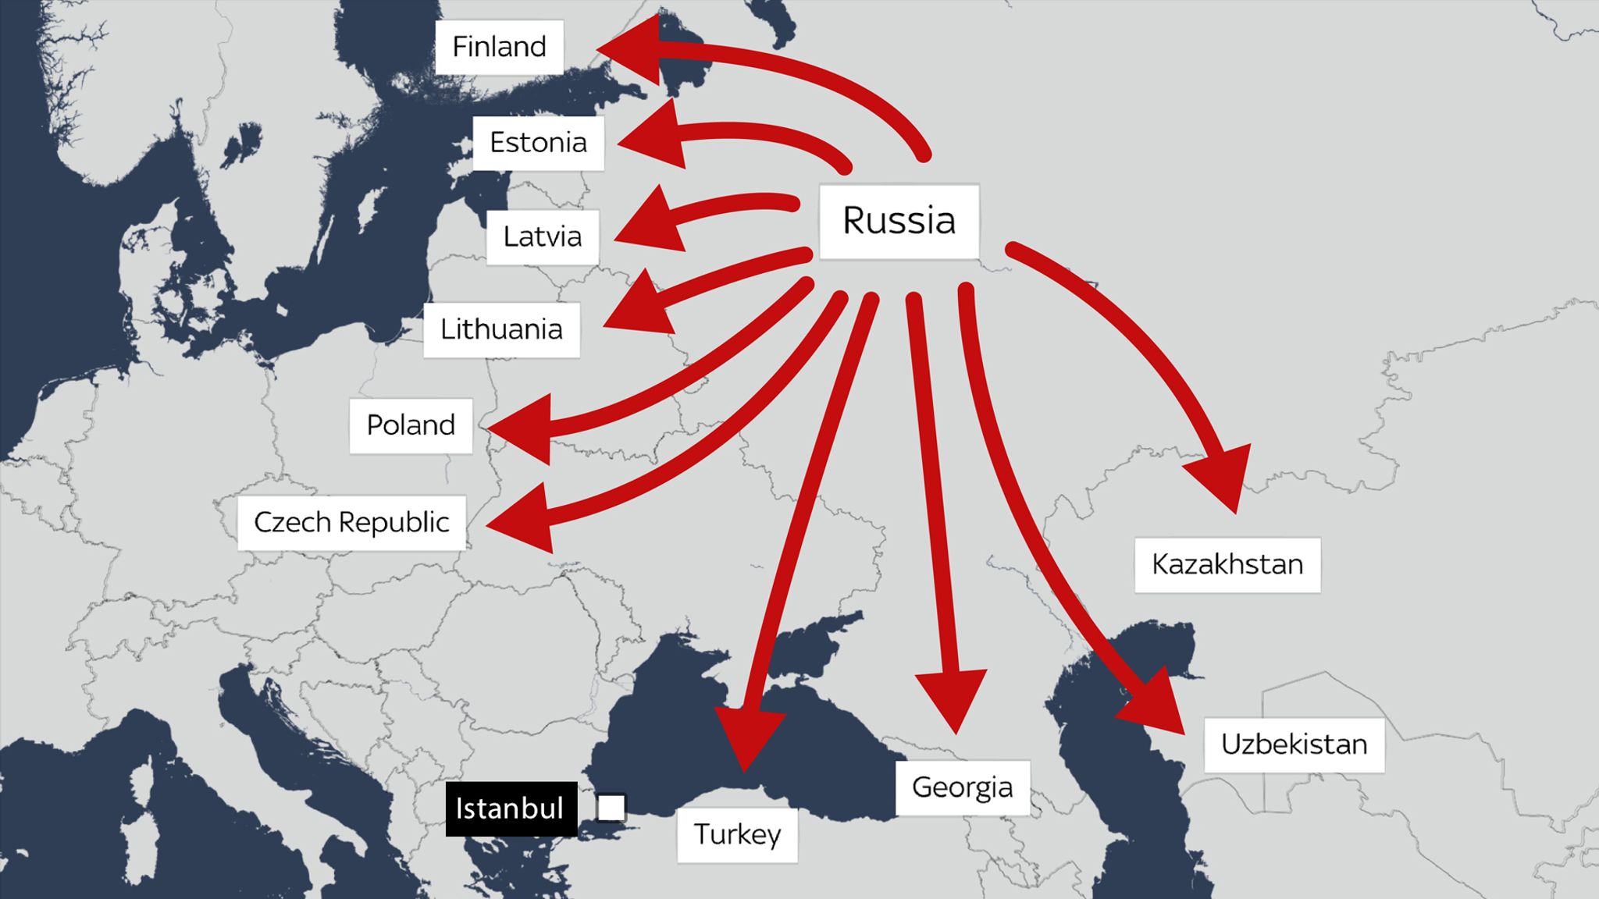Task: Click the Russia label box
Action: [899, 221]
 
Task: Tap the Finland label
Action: [499, 47]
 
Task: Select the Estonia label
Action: [538, 143]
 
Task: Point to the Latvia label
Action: [543, 236]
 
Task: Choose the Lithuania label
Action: [501, 329]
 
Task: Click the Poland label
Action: [411, 425]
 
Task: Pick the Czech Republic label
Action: [351, 522]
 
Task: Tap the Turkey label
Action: [737, 834]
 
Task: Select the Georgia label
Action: [962, 787]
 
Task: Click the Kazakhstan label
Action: [1227, 564]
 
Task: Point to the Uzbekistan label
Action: [1294, 744]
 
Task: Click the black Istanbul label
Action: [511, 808]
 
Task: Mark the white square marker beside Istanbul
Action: [611, 808]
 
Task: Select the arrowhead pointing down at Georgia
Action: [953, 698]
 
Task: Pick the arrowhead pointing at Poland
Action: [525, 429]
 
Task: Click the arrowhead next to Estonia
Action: [654, 138]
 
